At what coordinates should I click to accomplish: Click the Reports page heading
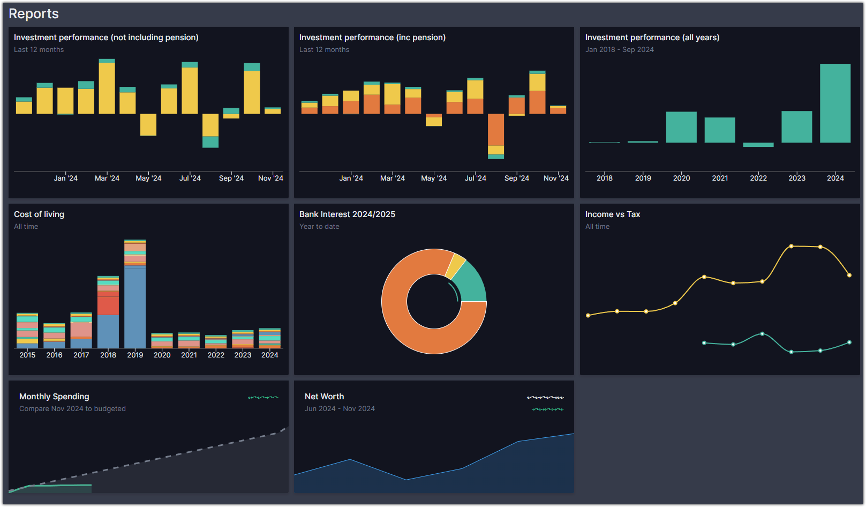coord(34,14)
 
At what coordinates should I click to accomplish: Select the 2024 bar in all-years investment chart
coord(835,103)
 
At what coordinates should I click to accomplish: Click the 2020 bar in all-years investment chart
coord(681,127)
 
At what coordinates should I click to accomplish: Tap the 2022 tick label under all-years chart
coord(758,178)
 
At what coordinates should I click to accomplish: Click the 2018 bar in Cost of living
coord(108,322)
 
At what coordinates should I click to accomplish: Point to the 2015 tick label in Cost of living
coord(27,355)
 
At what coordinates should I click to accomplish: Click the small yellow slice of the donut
coord(456,265)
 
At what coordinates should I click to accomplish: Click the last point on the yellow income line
coord(849,275)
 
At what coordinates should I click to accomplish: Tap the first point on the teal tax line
coord(704,343)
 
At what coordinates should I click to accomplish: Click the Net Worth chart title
coord(325,397)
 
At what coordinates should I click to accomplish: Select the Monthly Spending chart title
coord(54,397)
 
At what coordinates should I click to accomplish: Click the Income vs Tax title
coord(613,214)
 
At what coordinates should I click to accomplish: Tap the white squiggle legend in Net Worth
coord(545,397)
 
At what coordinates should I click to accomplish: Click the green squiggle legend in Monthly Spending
coord(263,397)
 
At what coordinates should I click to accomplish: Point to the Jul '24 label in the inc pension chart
coord(475,178)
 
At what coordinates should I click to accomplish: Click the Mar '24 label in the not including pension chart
coord(107,178)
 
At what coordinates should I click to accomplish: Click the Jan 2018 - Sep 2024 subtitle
coord(620,49)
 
